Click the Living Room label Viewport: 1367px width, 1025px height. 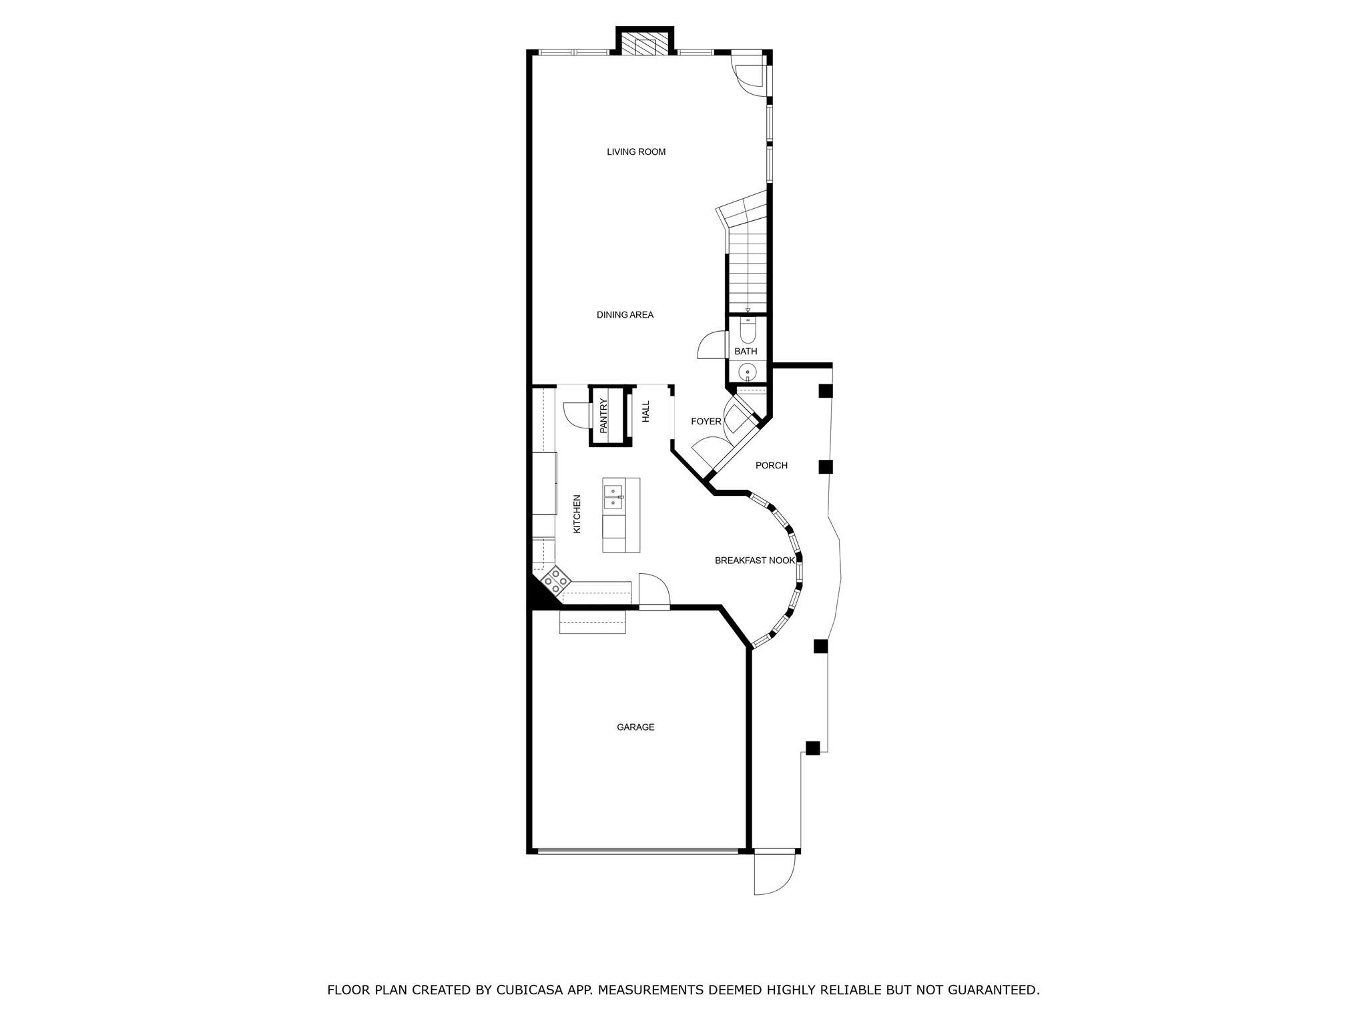[x=636, y=152]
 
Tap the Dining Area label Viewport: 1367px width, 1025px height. [x=625, y=315]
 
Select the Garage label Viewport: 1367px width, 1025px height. [x=635, y=727]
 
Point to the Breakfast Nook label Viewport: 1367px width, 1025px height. [x=755, y=561]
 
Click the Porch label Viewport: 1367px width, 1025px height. [x=772, y=465]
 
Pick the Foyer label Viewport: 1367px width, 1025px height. [x=706, y=422]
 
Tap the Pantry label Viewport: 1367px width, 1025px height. [x=603, y=416]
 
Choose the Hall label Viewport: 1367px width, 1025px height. [x=645, y=411]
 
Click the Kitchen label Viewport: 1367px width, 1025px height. [x=577, y=513]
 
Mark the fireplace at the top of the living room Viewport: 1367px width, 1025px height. [x=645, y=41]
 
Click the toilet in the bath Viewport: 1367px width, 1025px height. [x=748, y=330]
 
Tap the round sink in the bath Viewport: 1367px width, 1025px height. [x=748, y=372]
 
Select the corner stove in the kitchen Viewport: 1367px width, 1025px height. [x=555, y=582]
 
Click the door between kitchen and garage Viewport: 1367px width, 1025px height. [x=654, y=591]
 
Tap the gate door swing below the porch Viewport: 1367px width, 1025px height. [x=775, y=874]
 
